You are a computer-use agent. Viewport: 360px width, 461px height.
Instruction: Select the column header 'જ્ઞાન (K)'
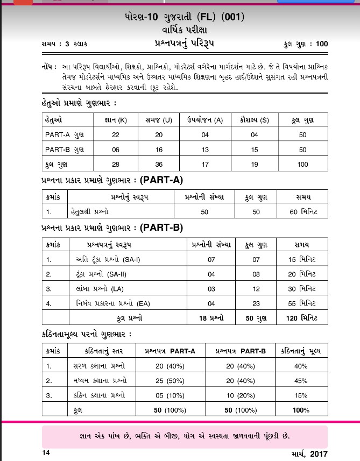tap(115, 119)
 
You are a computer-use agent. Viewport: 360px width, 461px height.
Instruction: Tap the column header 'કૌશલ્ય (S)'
tap(254, 119)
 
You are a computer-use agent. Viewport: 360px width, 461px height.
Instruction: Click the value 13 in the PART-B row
tap(205, 149)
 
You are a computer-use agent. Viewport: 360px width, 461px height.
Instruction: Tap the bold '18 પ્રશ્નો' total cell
tap(210, 318)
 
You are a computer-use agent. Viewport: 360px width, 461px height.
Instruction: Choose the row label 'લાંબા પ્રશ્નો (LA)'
tap(93, 289)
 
